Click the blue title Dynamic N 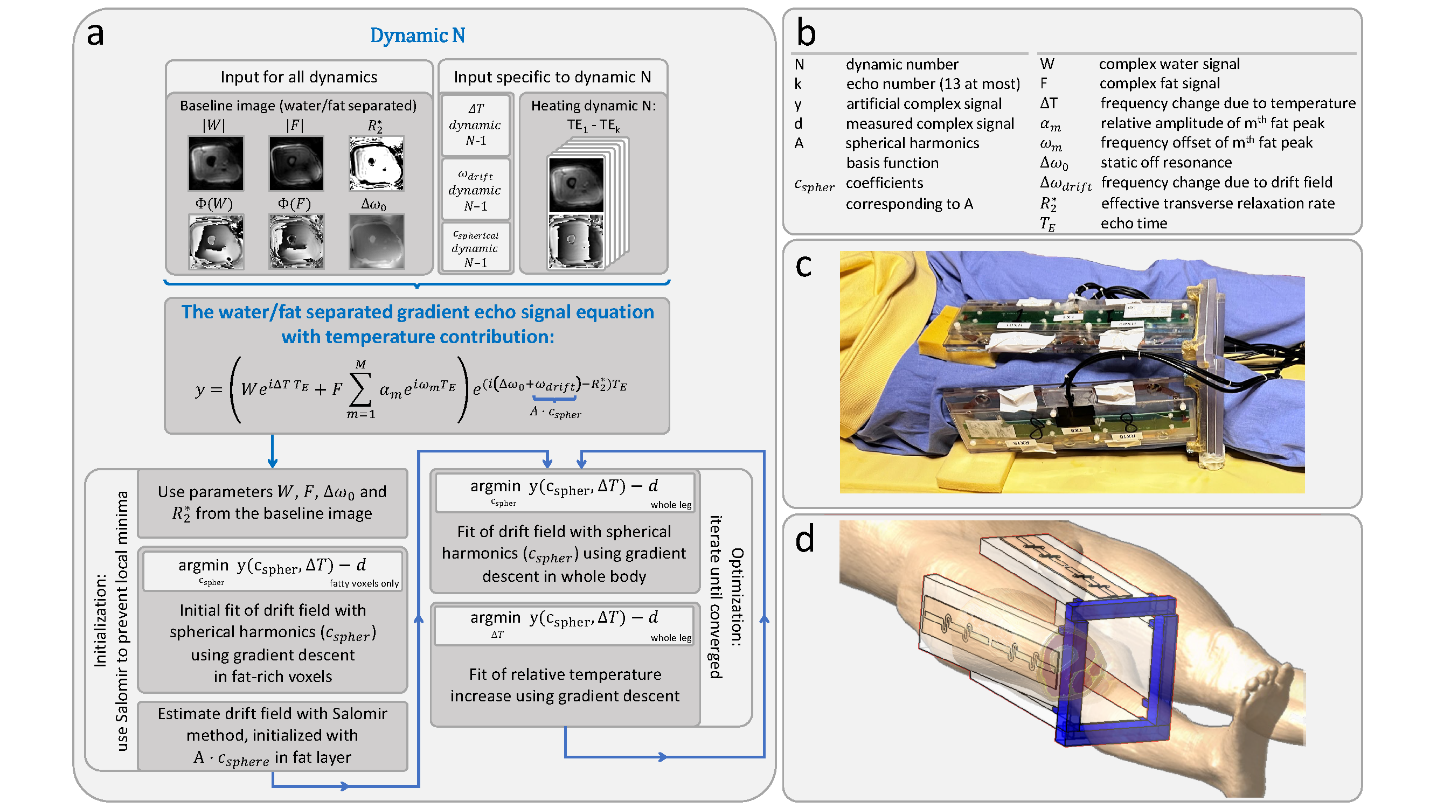(x=417, y=35)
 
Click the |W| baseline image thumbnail (x=216, y=163)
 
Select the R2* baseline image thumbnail (x=376, y=163)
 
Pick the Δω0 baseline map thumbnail (x=377, y=242)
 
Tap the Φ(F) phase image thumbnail (x=296, y=242)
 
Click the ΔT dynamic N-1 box (x=476, y=125)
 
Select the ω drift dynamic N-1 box (x=476, y=190)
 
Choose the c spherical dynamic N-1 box (x=476, y=248)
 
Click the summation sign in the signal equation (x=360, y=389)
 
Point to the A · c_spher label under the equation (x=555, y=413)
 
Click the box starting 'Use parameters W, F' (x=272, y=503)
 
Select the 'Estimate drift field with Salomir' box (x=272, y=736)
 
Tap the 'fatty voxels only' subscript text (x=364, y=584)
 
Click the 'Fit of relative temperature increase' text (x=565, y=685)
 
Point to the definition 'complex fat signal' (x=1159, y=83)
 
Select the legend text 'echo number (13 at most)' (x=933, y=83)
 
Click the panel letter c (x=803, y=267)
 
